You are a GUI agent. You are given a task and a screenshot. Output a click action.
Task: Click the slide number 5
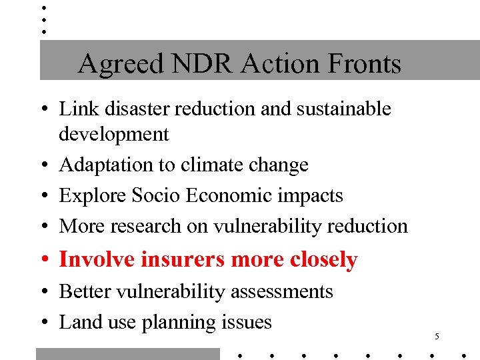[436, 337]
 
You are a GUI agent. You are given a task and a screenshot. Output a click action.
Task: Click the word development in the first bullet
[114, 134]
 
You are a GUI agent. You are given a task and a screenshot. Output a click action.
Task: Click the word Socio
[156, 195]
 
